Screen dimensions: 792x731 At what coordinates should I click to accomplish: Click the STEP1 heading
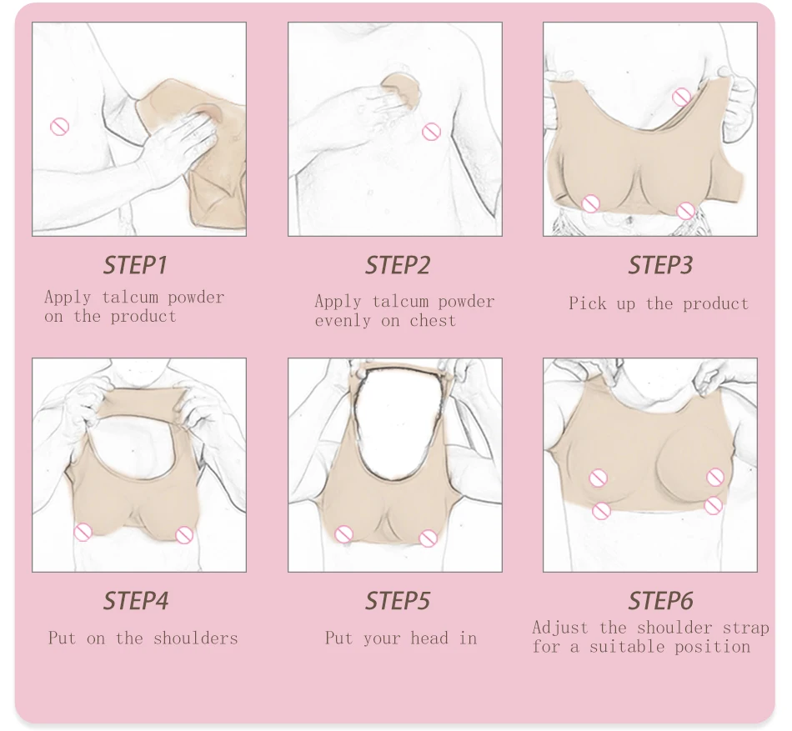pyautogui.click(x=135, y=265)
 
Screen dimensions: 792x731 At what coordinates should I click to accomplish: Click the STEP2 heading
pyautogui.click(x=398, y=265)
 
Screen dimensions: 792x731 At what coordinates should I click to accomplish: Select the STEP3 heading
pyautogui.click(x=660, y=265)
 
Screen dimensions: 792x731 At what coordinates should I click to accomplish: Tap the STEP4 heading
pyautogui.click(x=136, y=601)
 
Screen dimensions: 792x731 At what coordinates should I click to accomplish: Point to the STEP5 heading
pyautogui.click(x=398, y=601)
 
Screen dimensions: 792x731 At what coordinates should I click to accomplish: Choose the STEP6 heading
pyautogui.click(x=660, y=601)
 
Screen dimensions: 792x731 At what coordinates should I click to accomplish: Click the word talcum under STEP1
pyautogui.click(x=130, y=297)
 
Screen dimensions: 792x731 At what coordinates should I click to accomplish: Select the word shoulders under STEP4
pyautogui.click(x=195, y=638)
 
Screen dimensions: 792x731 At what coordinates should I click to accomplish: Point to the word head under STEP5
pyautogui.click(x=429, y=638)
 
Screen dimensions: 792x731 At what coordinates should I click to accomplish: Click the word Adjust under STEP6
pyautogui.click(x=560, y=628)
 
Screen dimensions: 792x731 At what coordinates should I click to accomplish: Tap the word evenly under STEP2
pyautogui.click(x=343, y=321)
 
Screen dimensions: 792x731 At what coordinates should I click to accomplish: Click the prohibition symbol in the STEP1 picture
pyautogui.click(x=59, y=127)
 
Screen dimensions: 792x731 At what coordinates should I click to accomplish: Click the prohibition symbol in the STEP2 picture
pyautogui.click(x=431, y=132)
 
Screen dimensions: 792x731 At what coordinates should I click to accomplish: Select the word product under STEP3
pyautogui.click(x=715, y=304)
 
